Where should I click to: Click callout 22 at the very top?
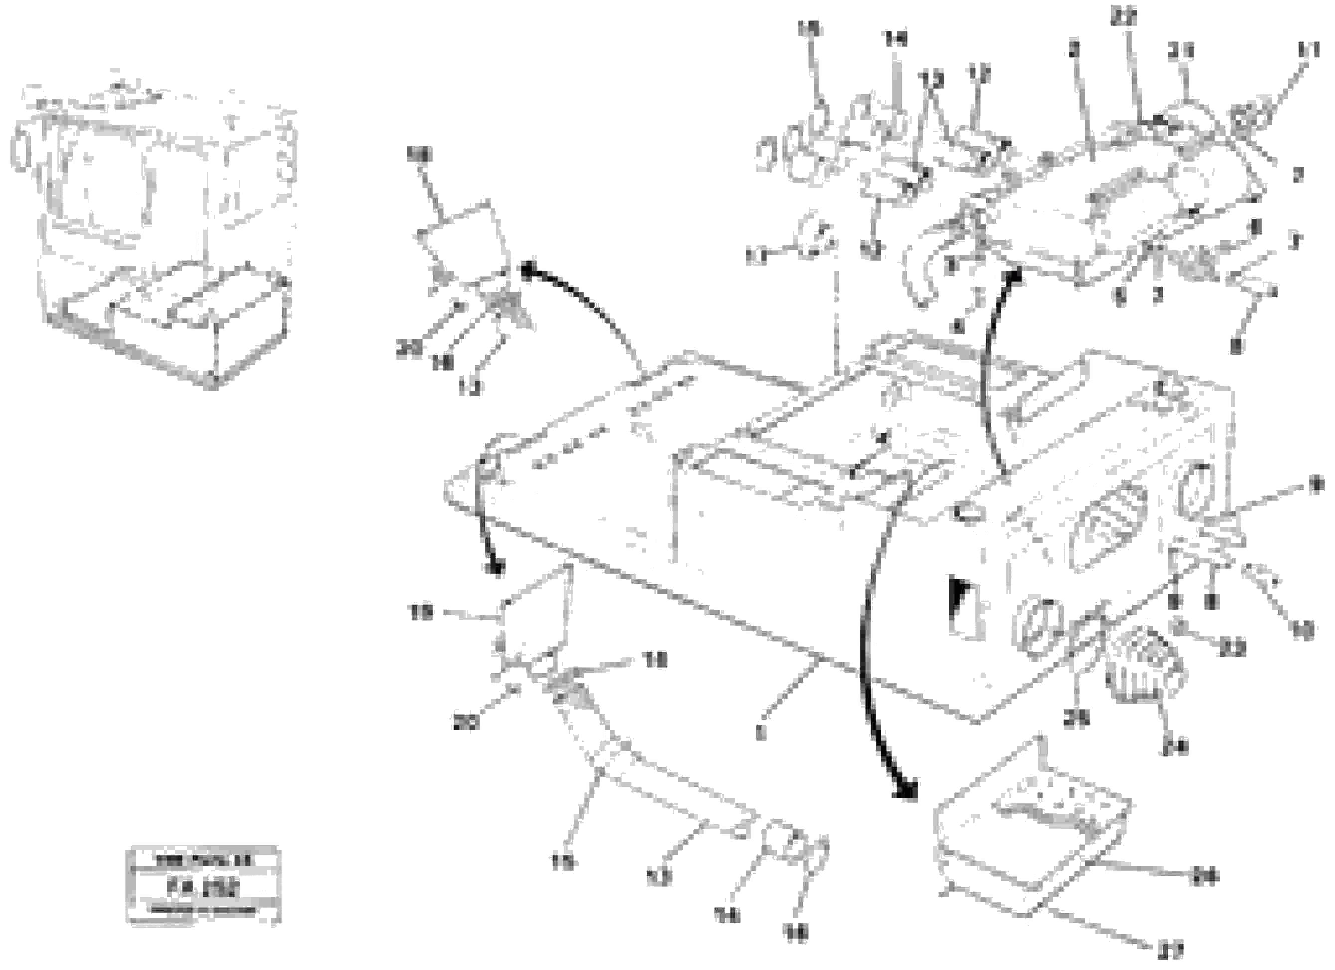click(x=1123, y=17)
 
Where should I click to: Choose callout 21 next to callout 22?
click(x=1181, y=52)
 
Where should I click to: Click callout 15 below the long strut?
click(x=563, y=863)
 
